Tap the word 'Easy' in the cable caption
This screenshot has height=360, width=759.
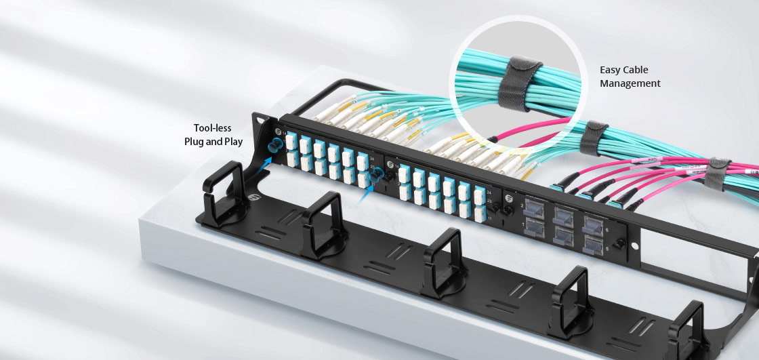click(x=611, y=70)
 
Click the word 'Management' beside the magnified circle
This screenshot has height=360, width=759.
click(x=630, y=83)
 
